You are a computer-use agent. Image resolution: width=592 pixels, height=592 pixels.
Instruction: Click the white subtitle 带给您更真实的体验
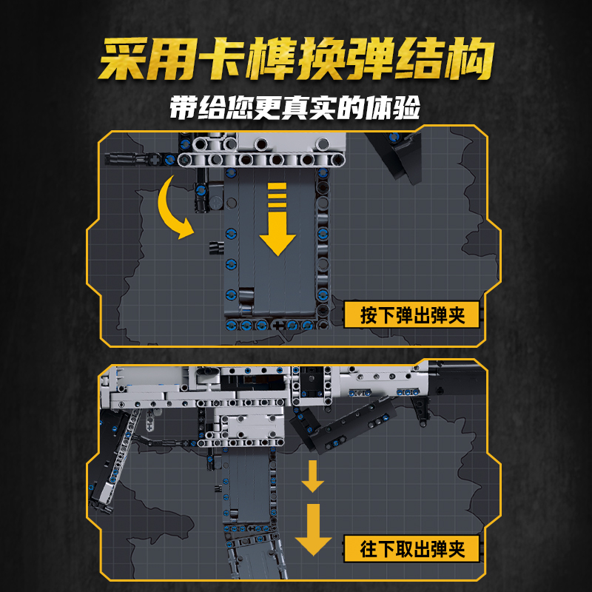pos(295,108)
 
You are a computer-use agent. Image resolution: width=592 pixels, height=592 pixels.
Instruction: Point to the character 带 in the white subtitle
pos(184,108)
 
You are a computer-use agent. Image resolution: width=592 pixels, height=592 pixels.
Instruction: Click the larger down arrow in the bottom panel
pos(313,530)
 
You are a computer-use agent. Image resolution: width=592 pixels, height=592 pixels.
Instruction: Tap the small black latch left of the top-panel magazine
pos(215,246)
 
